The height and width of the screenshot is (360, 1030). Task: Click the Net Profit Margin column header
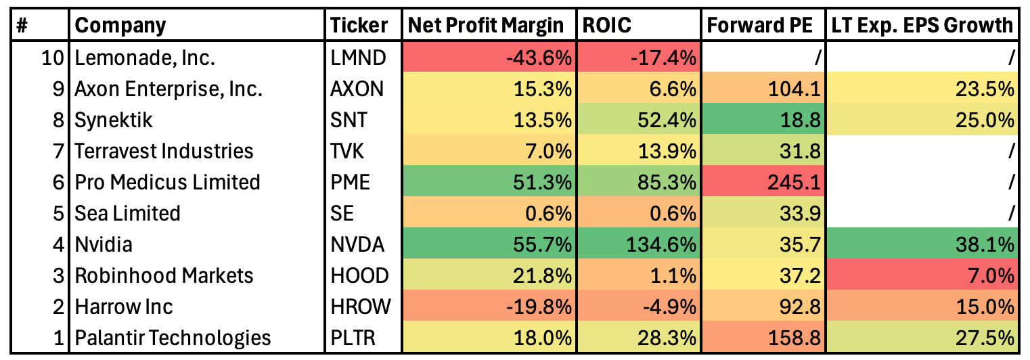(485, 26)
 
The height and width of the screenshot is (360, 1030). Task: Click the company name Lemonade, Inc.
(145, 58)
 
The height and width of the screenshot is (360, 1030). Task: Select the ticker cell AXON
(358, 89)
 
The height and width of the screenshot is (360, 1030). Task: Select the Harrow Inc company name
(124, 307)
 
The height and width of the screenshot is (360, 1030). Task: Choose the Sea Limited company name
(128, 213)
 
